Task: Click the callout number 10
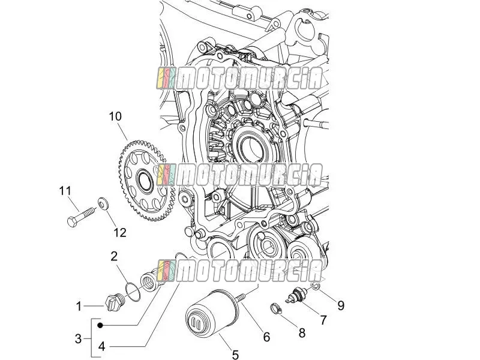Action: pos(115,116)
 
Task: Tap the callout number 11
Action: pos(65,191)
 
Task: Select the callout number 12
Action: pos(119,233)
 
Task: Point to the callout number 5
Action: pos(235,355)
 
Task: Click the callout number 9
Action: pos(341,305)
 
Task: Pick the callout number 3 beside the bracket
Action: pos(79,339)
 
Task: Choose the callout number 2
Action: pos(114,256)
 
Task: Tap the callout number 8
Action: pos(302,333)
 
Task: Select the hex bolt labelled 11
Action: pos(80,217)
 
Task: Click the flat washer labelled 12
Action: pos(103,203)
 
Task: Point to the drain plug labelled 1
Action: pos(114,302)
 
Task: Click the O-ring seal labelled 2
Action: pos(133,292)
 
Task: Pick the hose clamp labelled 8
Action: pos(276,308)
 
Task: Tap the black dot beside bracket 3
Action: pos(100,325)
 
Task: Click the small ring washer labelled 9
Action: pos(316,286)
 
